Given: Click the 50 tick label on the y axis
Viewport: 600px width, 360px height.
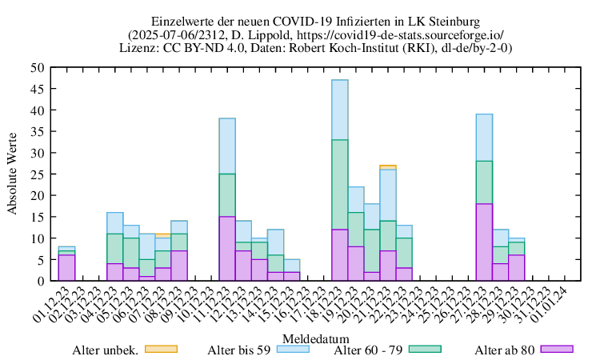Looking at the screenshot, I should point(37,68).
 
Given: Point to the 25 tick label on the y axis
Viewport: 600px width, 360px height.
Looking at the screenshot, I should point(37,174).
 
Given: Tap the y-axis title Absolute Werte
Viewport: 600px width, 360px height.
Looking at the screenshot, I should point(13,174).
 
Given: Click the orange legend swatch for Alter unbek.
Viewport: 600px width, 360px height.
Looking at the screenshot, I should point(160,349).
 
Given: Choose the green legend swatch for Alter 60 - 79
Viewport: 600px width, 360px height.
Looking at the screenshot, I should point(423,349).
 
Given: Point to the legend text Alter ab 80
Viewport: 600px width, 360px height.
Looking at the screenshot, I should point(504,350).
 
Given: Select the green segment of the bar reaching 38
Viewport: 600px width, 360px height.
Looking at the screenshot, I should point(227,195).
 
